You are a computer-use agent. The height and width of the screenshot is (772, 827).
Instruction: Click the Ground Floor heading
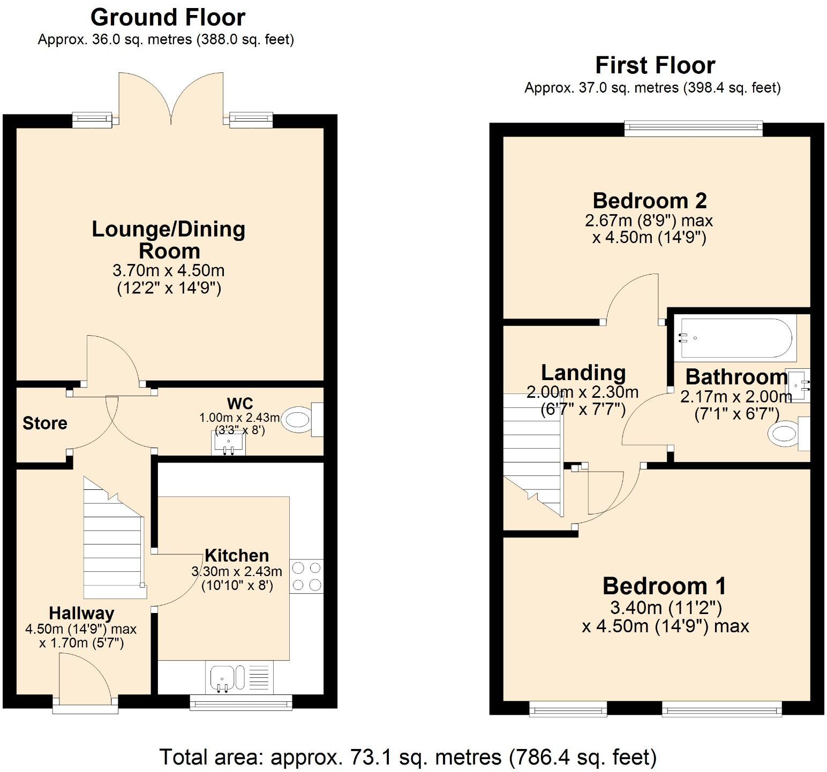[x=168, y=18]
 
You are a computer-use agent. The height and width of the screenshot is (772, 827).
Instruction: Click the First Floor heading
[x=655, y=65]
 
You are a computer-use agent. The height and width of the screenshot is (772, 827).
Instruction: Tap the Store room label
[x=45, y=423]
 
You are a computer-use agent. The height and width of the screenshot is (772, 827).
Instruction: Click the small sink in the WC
[x=229, y=443]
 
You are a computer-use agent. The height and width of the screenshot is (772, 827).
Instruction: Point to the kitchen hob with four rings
[x=306, y=576]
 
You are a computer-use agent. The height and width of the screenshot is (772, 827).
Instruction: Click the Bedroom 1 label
[x=664, y=586]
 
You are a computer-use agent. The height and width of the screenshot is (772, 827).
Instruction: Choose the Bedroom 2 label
[x=649, y=201]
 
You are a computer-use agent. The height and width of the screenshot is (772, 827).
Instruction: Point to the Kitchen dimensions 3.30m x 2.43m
[x=237, y=572]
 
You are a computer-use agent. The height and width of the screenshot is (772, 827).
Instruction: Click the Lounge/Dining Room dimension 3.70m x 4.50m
[x=169, y=270]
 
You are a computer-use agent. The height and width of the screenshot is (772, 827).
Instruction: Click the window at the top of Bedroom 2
[x=694, y=127]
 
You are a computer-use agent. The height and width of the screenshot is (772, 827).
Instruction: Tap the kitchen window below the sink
[x=241, y=702]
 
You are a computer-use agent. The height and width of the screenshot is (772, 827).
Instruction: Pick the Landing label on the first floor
[x=583, y=373]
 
